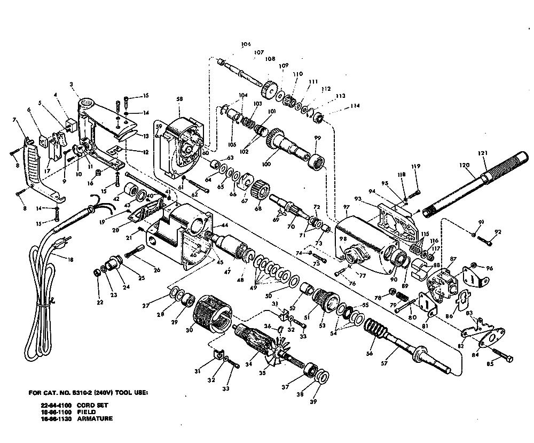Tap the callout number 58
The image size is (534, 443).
click(179, 99)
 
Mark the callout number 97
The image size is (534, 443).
click(347, 207)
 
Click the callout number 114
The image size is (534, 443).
click(355, 106)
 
